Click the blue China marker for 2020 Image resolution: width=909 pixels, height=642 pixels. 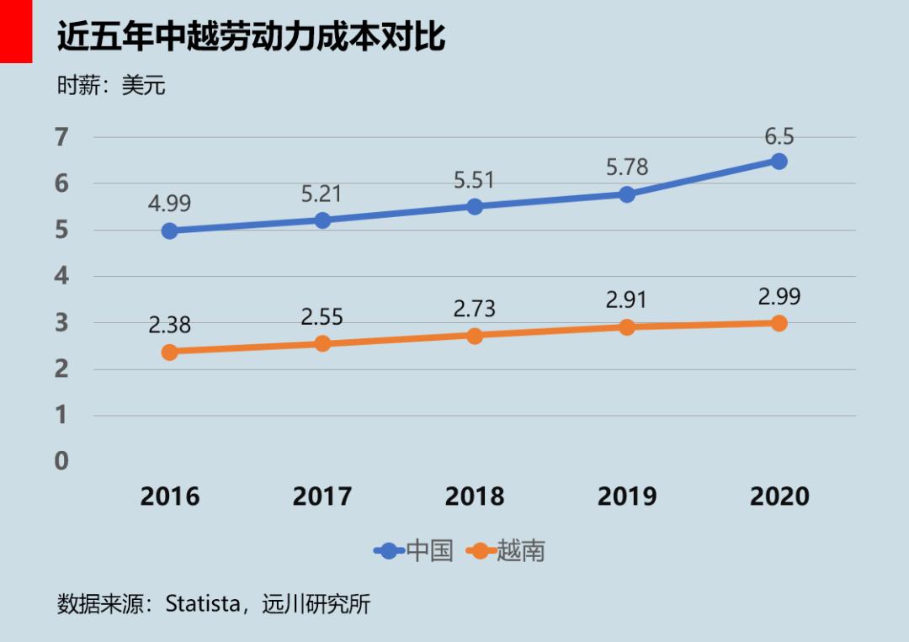pos(779,161)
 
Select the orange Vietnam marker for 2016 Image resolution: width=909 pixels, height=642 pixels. pos(169,352)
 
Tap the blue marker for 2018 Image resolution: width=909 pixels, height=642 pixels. pos(475,206)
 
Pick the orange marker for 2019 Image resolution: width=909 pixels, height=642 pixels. pos(627,326)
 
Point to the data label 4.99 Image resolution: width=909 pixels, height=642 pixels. pos(169,204)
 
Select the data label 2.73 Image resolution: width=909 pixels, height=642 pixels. pos(475,308)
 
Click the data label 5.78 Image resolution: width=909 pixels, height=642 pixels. pos(627,167)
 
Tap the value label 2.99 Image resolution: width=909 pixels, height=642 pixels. pos(779,297)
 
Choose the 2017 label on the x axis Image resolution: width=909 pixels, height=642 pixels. pos(322,496)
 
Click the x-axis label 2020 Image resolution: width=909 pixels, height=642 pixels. pos(779,496)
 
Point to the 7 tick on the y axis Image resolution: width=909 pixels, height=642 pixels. pos(61,137)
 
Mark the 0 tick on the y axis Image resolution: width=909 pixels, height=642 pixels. pos(61,461)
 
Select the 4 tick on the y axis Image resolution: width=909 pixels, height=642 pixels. pos(61,276)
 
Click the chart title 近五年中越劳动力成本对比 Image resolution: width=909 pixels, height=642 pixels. pos(250,38)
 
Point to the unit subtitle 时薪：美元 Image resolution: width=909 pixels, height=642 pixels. pos(111,86)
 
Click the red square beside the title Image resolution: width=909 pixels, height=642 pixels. pos(15,31)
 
